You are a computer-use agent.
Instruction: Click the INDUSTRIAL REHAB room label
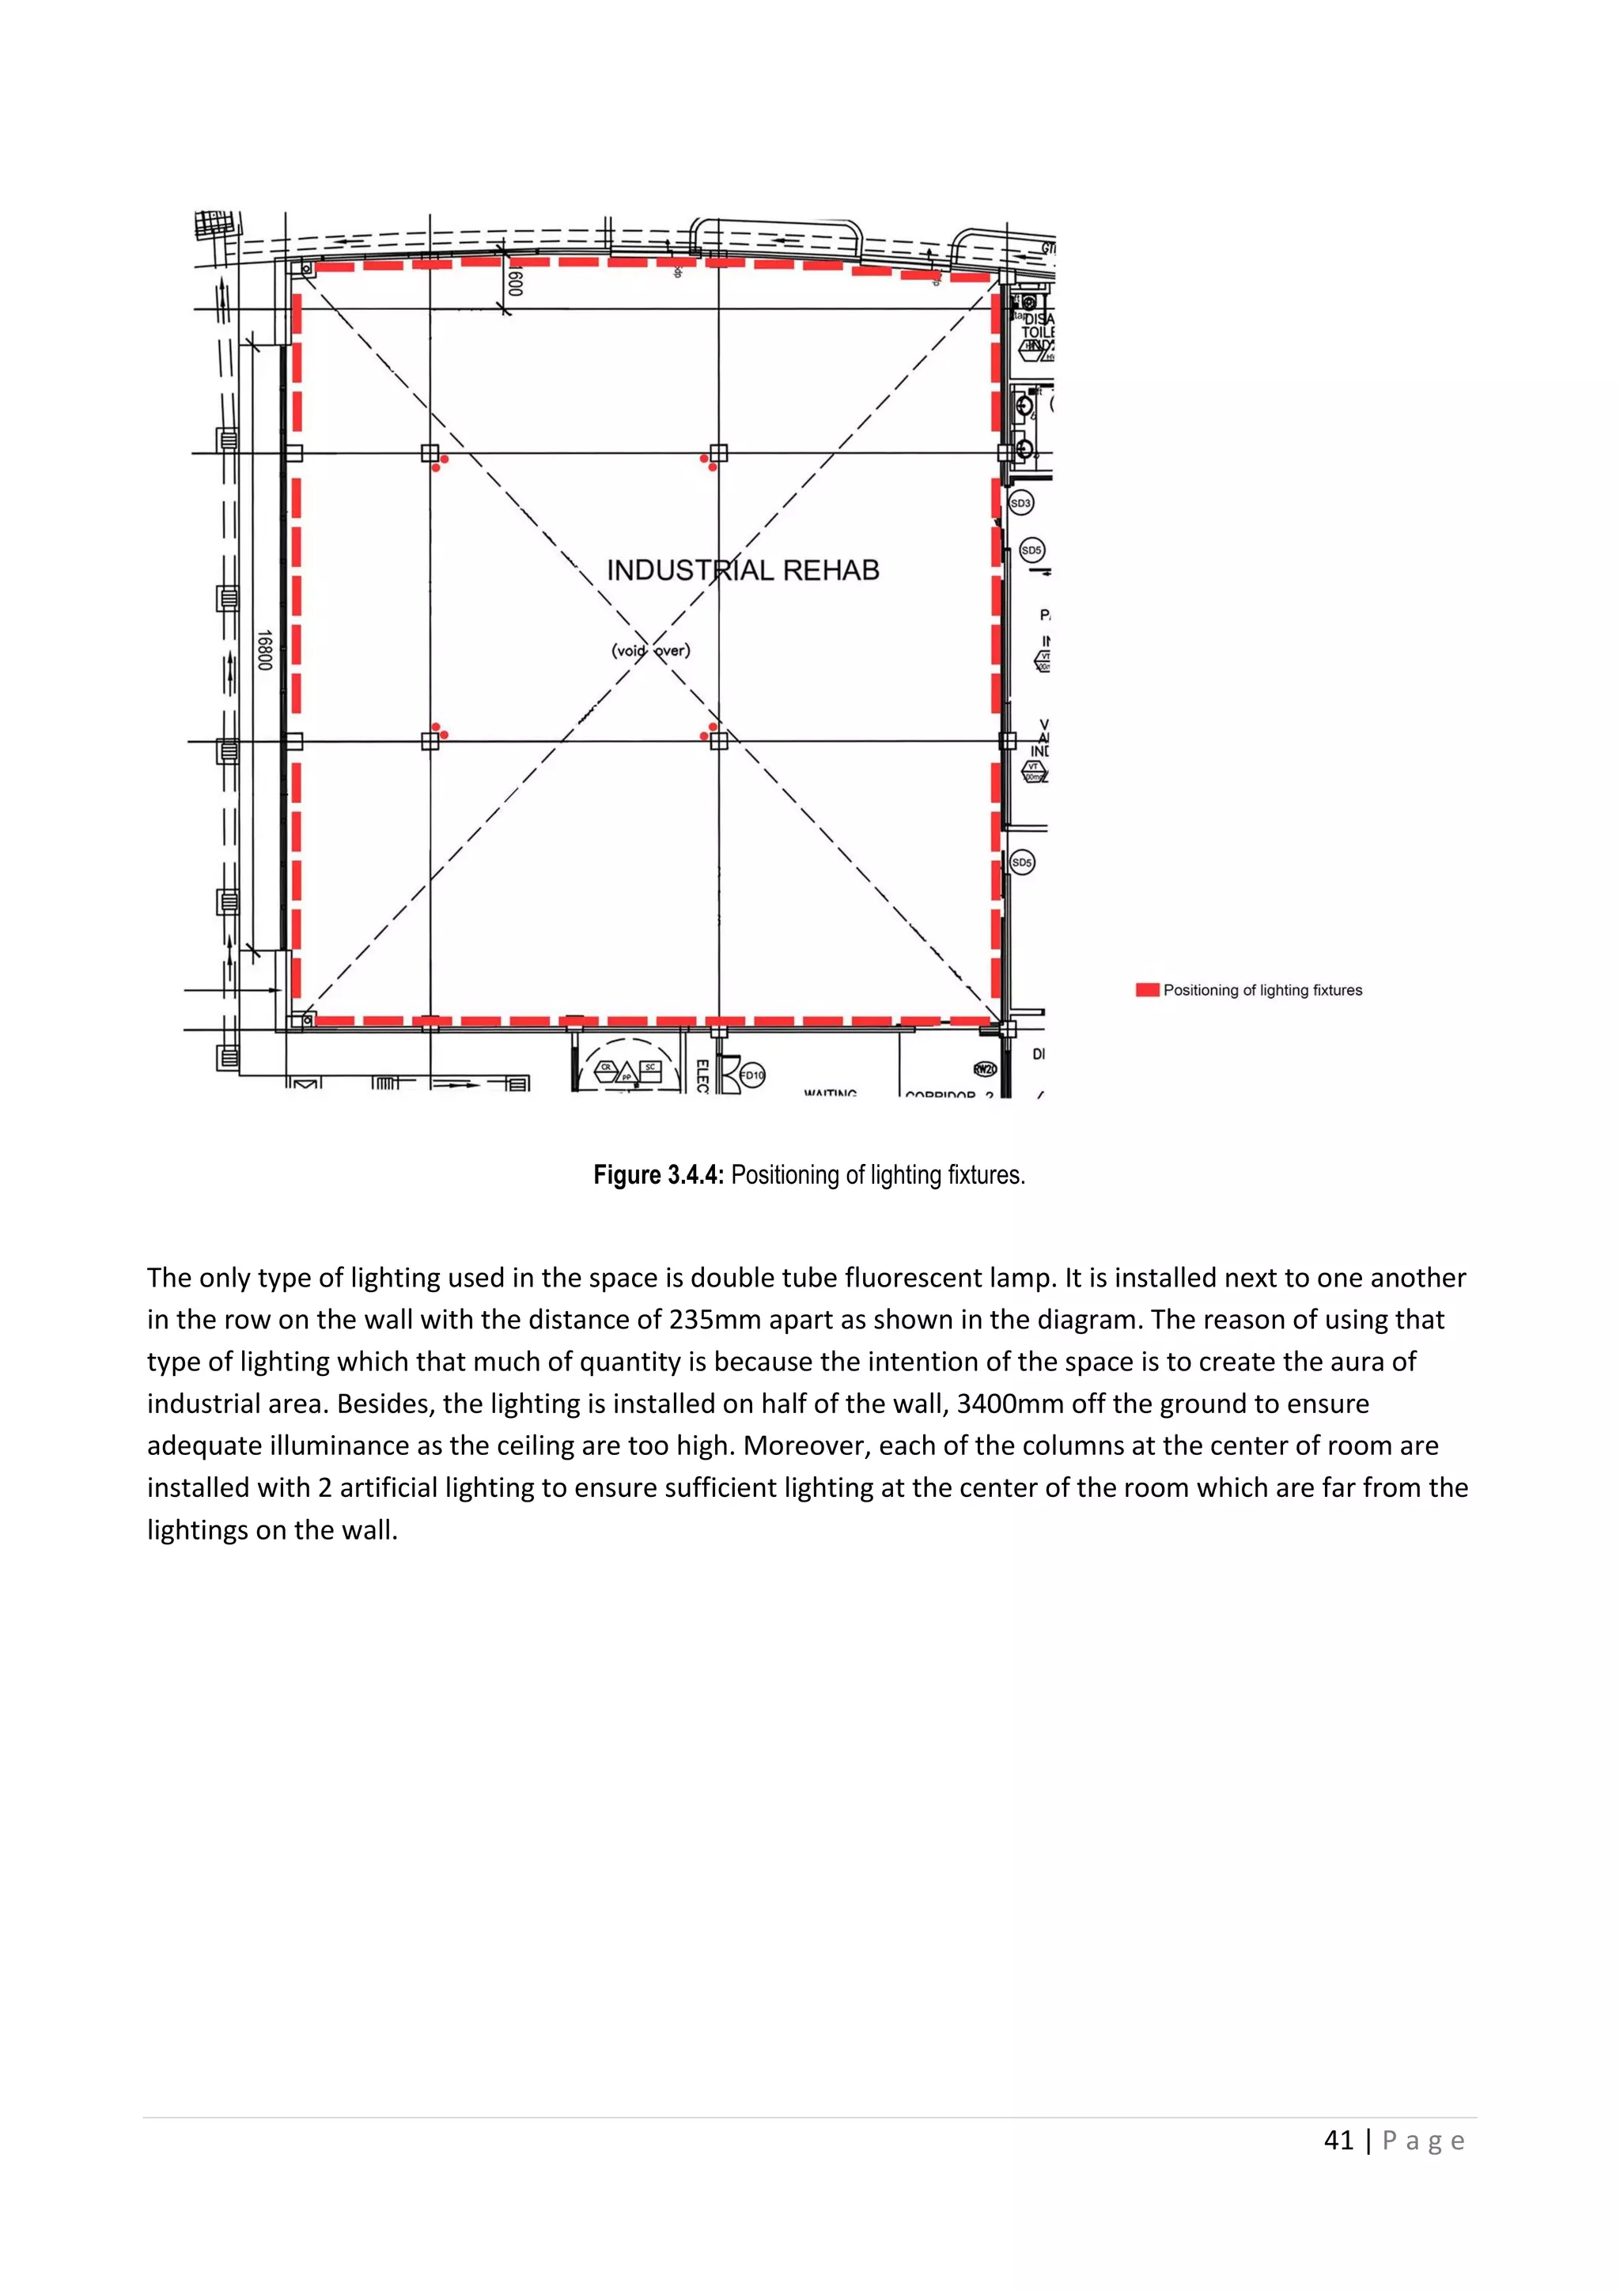tap(744, 570)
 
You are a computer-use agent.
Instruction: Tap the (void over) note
tap(650, 650)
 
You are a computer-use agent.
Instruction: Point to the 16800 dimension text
tap(263, 649)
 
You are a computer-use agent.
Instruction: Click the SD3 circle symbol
tap(1020, 504)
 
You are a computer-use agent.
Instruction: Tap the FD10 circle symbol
tap(752, 1075)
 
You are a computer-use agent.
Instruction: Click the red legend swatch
tap(1147, 990)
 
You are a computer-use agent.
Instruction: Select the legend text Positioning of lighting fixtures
tap(1262, 990)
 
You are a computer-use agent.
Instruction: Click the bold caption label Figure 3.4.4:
tap(658, 1175)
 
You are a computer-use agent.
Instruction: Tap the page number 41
tap(1338, 2141)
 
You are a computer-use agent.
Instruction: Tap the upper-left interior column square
tap(430, 453)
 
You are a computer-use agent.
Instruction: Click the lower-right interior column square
tap(718, 741)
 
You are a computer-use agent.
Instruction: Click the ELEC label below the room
tap(702, 1076)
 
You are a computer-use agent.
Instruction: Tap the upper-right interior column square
tap(718, 453)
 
